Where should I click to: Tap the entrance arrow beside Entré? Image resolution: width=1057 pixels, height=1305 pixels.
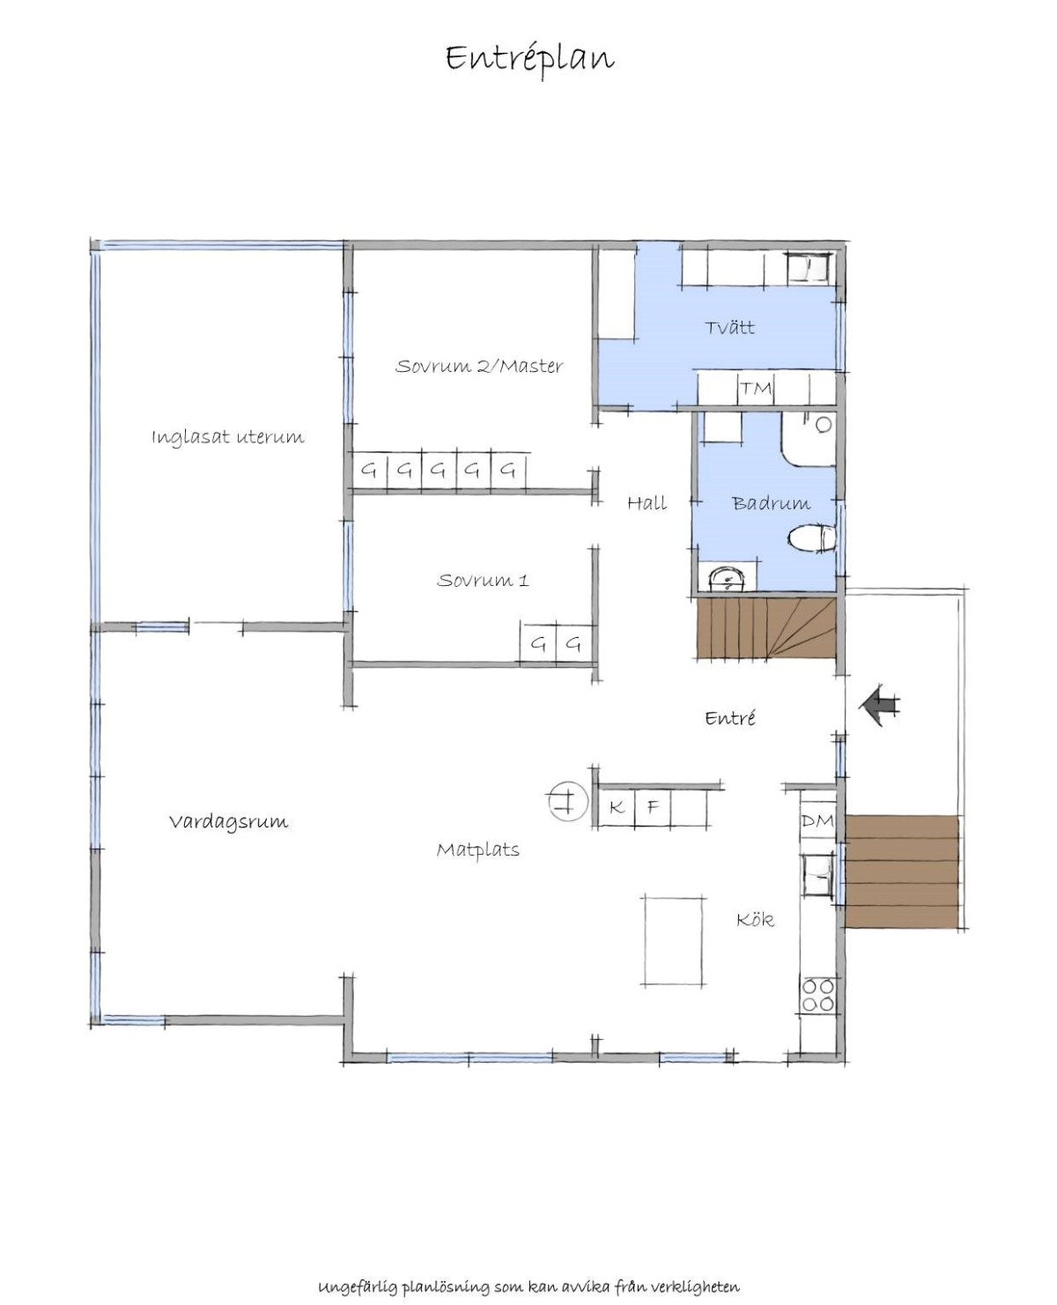coord(879,705)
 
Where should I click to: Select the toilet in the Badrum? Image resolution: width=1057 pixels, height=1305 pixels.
coord(812,538)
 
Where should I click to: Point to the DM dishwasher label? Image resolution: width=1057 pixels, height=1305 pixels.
coord(817,819)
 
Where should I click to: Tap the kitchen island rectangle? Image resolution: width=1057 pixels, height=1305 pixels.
coord(673,941)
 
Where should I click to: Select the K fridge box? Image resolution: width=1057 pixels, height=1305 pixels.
coord(616,807)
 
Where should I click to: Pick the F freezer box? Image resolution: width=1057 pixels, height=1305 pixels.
coord(653,807)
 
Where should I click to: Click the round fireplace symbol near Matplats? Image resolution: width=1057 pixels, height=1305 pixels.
coord(567,801)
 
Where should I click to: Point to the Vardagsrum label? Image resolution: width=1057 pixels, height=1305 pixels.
coord(228,821)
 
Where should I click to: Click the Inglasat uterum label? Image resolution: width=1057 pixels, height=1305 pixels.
coord(228,437)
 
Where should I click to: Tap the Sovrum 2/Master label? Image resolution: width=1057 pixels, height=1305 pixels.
coord(479,367)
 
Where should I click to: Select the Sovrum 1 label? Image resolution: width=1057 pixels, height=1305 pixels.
coord(483,580)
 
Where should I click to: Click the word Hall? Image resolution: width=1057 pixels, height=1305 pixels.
coord(647,503)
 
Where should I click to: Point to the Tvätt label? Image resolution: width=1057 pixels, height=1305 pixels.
coord(729,327)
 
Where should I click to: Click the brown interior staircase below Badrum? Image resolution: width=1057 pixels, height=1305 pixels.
coord(766,628)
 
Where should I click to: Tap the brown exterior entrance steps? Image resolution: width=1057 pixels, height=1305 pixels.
coord(901,871)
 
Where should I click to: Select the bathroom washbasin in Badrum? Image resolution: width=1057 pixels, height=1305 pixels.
coord(728,578)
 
